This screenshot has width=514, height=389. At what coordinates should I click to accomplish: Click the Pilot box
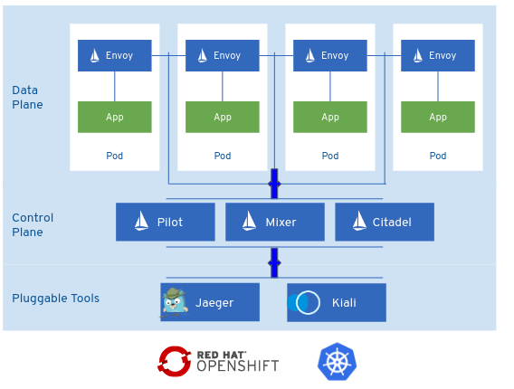[166, 222]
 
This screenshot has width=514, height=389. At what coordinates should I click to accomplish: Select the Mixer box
[275, 222]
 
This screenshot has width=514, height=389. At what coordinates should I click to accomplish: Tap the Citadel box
[385, 222]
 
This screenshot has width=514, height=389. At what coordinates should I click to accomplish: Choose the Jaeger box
[210, 302]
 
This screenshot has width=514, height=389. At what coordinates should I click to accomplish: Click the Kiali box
[337, 302]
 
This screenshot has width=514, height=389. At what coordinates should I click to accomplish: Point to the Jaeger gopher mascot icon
[175, 302]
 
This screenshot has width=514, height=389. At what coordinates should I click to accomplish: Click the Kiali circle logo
[303, 302]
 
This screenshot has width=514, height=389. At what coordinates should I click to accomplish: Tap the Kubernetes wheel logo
[337, 362]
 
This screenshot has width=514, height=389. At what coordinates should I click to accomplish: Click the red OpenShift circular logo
[175, 362]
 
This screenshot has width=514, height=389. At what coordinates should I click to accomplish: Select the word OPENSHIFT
[238, 366]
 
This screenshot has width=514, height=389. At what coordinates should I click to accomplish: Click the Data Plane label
[27, 98]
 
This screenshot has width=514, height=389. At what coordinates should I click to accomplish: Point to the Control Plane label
[33, 225]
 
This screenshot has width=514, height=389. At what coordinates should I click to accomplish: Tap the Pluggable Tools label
[56, 299]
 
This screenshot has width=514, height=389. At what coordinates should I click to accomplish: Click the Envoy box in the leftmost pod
[115, 55]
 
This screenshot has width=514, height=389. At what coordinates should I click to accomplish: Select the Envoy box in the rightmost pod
[438, 55]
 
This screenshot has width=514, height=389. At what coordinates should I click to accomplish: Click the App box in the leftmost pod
[115, 117]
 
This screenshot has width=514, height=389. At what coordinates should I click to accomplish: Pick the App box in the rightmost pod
[438, 117]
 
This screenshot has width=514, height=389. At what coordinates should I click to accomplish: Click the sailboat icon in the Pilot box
[141, 221]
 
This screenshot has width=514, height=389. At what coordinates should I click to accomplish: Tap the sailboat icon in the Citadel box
[359, 221]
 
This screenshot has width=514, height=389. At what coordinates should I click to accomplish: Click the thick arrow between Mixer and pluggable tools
[274, 263]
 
